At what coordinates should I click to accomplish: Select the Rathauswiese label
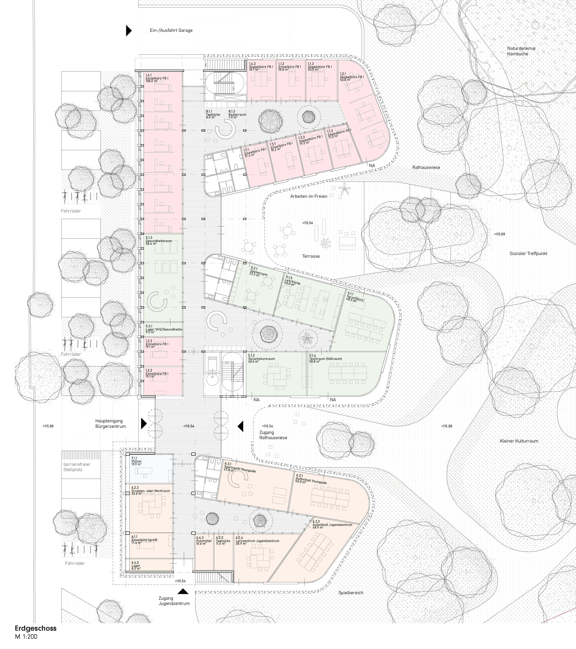pos(426,167)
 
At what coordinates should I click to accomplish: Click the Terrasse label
pos(311,256)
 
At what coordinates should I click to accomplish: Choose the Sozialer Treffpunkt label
pos(528,253)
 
